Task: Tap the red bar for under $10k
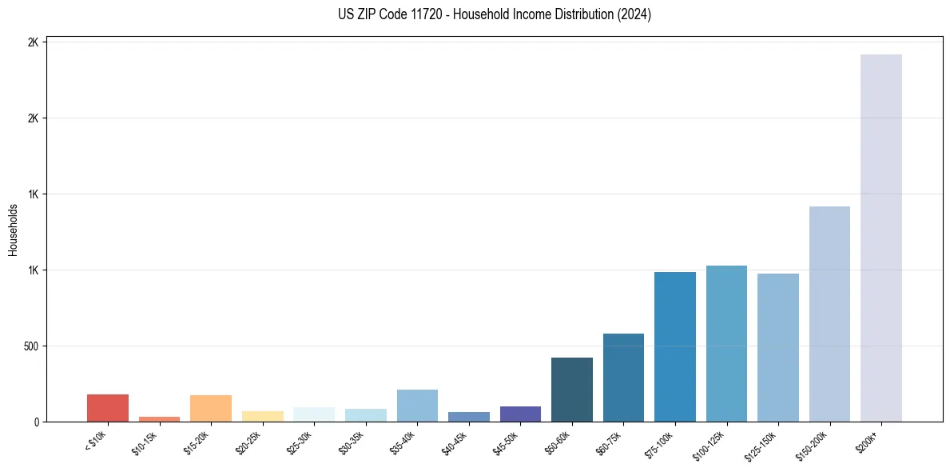click(108, 408)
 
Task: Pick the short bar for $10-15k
click(159, 418)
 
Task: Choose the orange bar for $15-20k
click(211, 408)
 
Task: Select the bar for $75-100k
click(675, 346)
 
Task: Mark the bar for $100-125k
click(726, 343)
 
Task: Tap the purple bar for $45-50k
click(520, 414)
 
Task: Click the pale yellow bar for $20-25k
click(262, 416)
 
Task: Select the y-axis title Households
click(13, 230)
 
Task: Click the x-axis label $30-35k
click(353, 442)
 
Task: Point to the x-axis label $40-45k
click(456, 442)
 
